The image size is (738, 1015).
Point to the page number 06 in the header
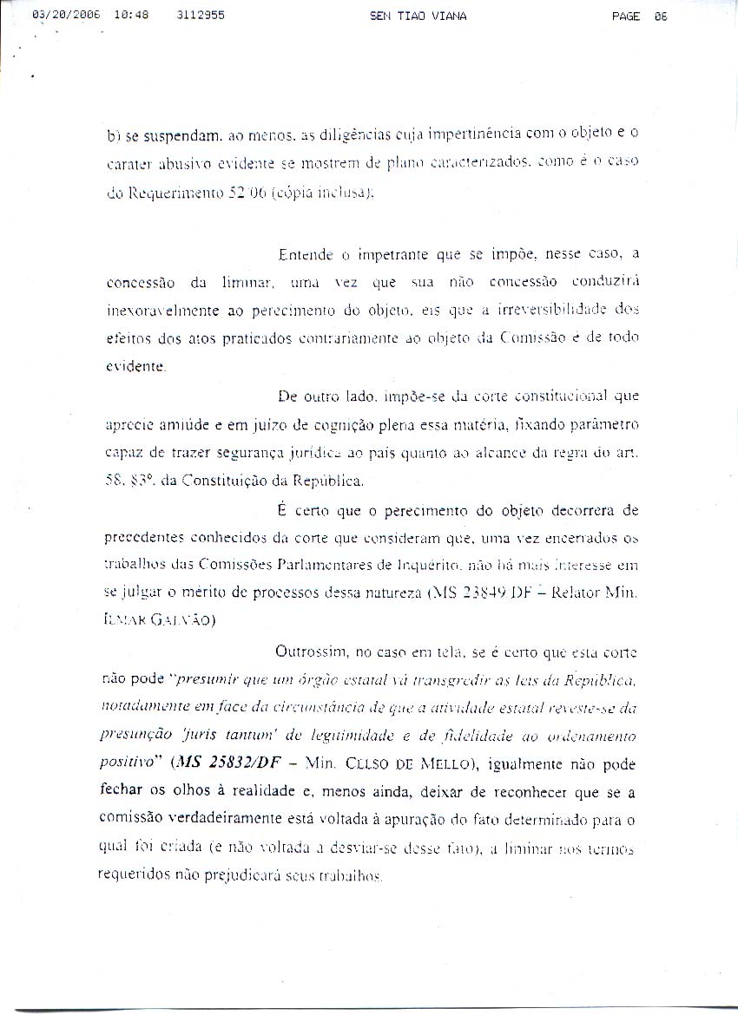click(x=662, y=16)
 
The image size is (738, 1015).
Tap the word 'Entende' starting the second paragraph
click(x=305, y=255)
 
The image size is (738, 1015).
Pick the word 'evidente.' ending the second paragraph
click(x=135, y=366)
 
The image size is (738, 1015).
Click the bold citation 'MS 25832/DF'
click(x=234, y=764)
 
